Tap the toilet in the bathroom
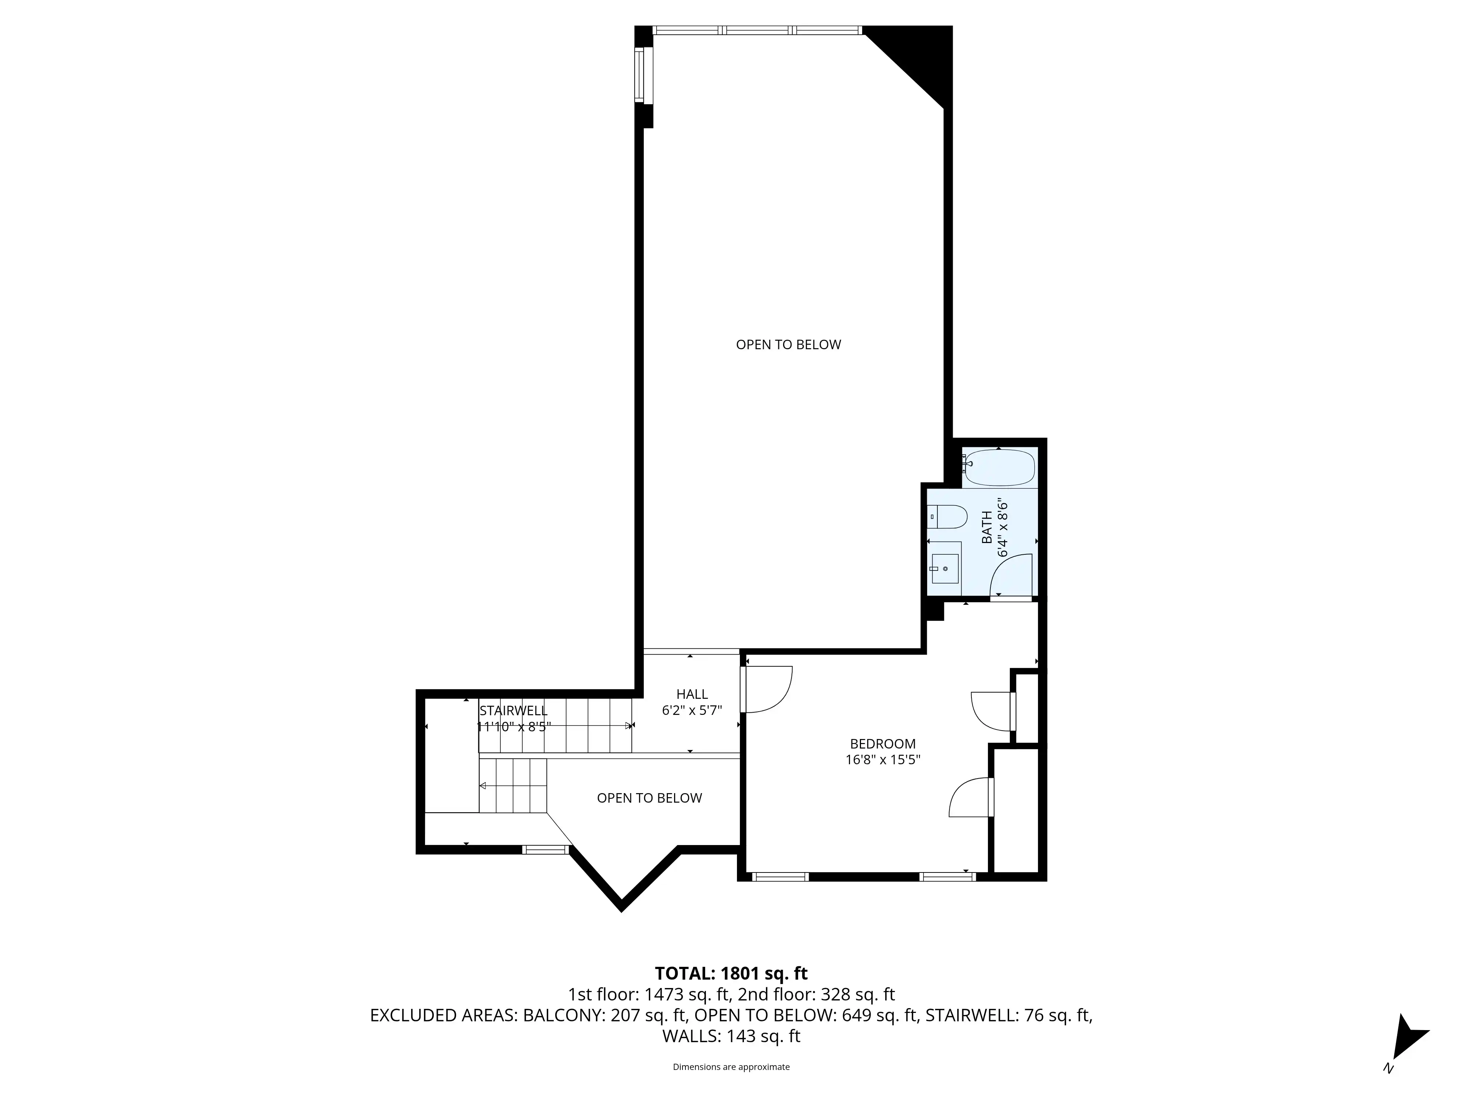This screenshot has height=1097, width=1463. pyautogui.click(x=948, y=516)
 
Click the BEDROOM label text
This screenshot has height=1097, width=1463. pyautogui.click(x=882, y=744)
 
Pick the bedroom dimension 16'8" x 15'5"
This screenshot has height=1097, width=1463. pyautogui.click(x=882, y=760)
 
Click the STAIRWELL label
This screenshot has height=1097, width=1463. pyautogui.click(x=513, y=711)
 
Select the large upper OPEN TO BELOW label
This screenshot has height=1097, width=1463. pyautogui.click(x=789, y=344)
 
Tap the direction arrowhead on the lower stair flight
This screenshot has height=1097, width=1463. pyautogui.click(x=483, y=785)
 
